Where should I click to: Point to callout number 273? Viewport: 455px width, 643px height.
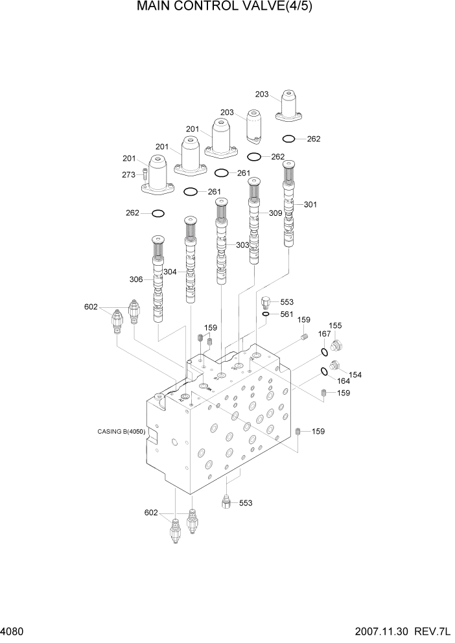click(x=128, y=174)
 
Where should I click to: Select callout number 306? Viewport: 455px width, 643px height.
click(x=136, y=279)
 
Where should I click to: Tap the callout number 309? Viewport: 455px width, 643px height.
click(x=275, y=213)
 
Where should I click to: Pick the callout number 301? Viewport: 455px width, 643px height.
click(x=310, y=205)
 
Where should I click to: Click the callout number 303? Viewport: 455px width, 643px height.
click(x=242, y=245)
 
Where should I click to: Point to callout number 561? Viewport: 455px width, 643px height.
click(x=286, y=314)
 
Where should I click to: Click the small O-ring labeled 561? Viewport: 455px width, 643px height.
click(x=266, y=314)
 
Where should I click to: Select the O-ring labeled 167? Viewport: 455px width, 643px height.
click(x=323, y=352)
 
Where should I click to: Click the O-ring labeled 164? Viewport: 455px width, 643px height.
click(x=323, y=372)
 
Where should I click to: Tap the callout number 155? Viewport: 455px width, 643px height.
click(x=335, y=326)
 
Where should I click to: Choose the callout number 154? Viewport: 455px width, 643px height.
click(x=355, y=375)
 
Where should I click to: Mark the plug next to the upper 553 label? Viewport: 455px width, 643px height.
click(x=265, y=301)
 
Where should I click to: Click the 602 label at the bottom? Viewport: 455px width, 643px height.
click(x=150, y=513)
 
